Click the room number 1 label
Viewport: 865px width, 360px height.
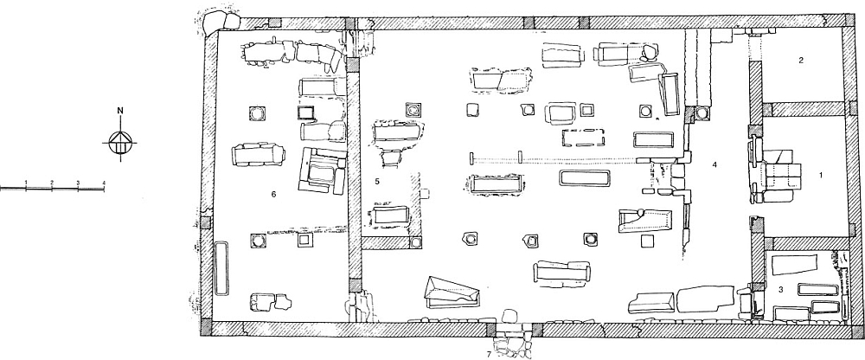tap(821, 175)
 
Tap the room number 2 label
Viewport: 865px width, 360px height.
tap(801, 61)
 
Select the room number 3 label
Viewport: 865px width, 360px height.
tap(780, 289)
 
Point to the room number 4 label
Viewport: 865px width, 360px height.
tap(714, 164)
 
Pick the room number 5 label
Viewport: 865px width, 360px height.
tap(377, 181)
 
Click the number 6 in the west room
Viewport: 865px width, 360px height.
tap(273, 194)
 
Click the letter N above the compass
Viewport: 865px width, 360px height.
tap(120, 111)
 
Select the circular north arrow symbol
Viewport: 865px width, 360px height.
tap(119, 143)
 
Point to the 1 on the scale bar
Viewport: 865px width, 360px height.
tap(26, 183)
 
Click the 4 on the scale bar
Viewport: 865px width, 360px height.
tap(104, 183)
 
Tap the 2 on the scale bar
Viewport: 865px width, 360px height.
tap(52, 183)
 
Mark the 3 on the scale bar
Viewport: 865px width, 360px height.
tap(78, 183)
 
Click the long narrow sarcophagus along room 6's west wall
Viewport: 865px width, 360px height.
tap(221, 268)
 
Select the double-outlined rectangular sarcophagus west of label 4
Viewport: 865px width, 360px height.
tap(585, 178)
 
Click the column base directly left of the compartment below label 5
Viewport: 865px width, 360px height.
tap(415, 242)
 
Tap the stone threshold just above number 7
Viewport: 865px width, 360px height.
tap(509, 317)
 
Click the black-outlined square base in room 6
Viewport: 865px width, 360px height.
tap(305, 112)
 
